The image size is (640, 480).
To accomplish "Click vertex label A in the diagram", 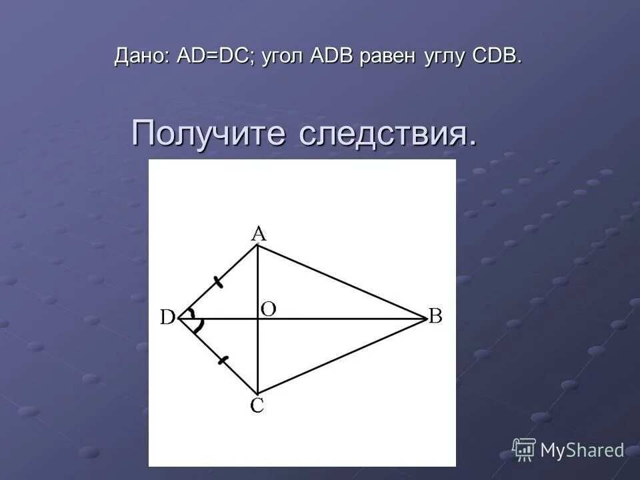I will coord(258,233).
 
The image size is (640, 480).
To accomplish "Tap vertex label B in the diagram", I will coord(435,316).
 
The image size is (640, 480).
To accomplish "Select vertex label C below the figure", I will coord(257,406).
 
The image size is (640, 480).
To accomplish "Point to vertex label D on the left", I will coord(167,318).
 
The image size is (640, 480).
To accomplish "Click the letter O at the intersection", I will coord(269,308).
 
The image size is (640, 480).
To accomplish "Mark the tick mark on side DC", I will coord(223,361).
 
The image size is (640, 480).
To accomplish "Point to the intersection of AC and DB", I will coord(257,319).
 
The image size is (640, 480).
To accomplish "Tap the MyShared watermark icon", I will coord(524,449).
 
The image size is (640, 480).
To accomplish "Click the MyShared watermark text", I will coord(582,451).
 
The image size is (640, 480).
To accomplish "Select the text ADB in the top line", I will coord(332,57).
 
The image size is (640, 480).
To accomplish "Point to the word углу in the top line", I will coord(444,58).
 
